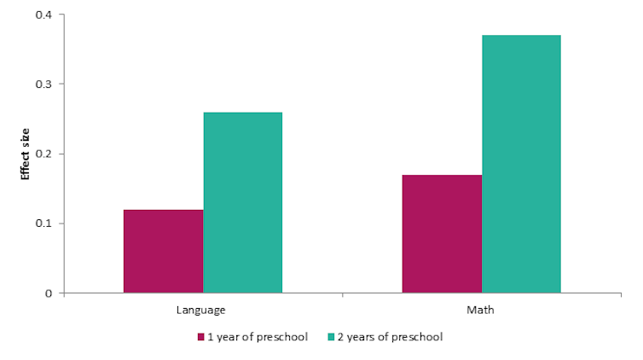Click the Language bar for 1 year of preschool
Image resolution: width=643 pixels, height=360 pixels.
tap(163, 251)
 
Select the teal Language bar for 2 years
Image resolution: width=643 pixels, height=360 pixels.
tap(242, 202)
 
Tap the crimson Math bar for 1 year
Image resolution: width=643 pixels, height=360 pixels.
tap(442, 234)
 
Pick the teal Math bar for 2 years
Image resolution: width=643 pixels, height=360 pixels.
tap(521, 164)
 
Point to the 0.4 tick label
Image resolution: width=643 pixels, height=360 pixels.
tap(43, 15)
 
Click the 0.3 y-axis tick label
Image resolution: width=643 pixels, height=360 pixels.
tap(43, 84)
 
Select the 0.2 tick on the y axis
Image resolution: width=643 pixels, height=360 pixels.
tap(43, 154)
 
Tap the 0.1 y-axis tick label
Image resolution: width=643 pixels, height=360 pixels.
tap(43, 224)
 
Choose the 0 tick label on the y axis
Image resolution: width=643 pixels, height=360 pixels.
tap(49, 293)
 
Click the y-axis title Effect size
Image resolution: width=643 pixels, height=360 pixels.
tap(26, 154)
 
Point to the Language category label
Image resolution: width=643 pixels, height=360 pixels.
tap(201, 310)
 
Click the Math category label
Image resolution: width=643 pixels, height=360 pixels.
tap(480, 310)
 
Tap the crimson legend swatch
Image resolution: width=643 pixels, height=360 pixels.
tap(201, 337)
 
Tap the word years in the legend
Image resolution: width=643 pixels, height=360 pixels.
tap(364, 337)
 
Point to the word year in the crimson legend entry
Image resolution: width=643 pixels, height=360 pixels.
tap(229, 337)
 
